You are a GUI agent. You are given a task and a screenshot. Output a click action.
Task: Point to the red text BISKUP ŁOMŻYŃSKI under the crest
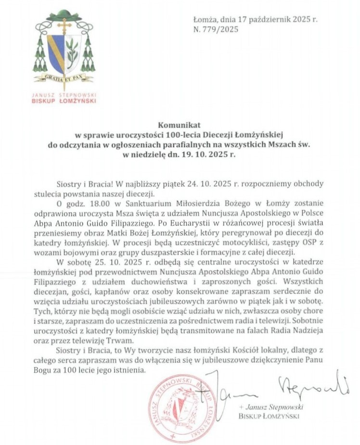pyautogui.click(x=64, y=101)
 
